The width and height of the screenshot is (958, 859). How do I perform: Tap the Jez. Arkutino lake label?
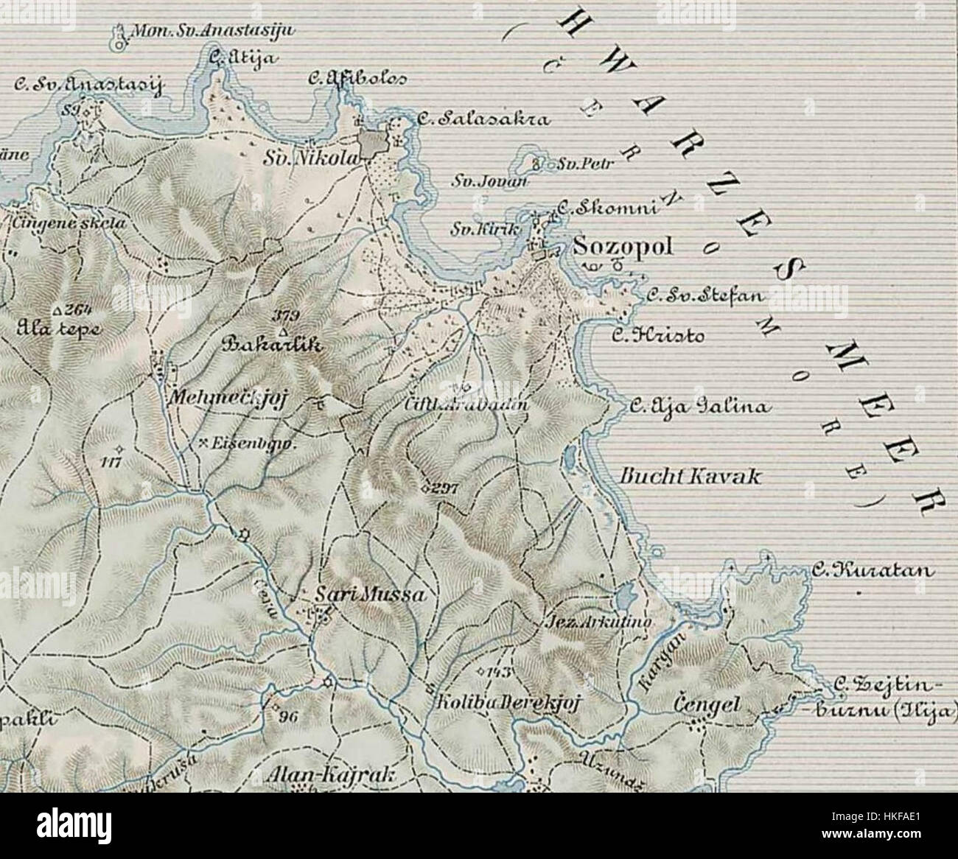click(597, 623)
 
